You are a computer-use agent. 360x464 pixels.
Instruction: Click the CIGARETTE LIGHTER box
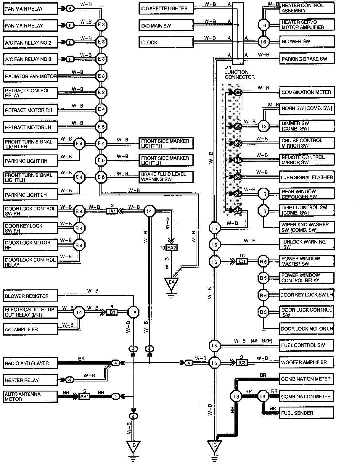166,9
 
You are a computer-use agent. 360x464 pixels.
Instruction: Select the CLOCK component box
166,42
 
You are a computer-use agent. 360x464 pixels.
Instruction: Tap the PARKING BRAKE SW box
307,59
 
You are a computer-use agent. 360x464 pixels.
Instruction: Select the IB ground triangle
133,445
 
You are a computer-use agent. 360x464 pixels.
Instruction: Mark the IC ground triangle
215,446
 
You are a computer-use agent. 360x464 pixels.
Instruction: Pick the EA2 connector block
171,247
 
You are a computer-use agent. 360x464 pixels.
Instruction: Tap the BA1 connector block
84,397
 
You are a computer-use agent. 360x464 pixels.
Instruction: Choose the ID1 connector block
242,262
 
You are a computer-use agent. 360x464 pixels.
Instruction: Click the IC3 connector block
242,362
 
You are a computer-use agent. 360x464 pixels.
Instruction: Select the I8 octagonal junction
133,312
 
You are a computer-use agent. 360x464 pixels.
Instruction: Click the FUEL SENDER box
307,413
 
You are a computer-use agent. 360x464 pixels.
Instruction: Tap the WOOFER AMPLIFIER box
307,362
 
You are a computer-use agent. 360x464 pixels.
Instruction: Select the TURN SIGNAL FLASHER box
307,178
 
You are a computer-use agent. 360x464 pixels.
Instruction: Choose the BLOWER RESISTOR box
30,296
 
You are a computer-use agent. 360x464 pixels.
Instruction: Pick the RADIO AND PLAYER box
30,363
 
